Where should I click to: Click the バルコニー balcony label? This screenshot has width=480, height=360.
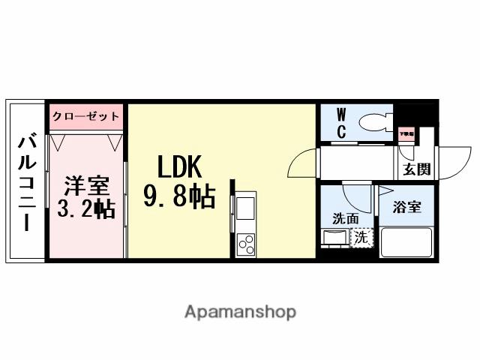coord(28,181)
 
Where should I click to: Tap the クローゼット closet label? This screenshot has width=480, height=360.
coord(85,117)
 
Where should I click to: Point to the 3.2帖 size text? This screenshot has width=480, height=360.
coord(85,208)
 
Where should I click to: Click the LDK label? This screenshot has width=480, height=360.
coord(181,167)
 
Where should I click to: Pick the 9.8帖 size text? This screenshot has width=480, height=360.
coord(180,196)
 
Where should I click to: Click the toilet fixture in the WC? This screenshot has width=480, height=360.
coord(372,122)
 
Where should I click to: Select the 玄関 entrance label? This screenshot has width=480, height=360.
coord(417,169)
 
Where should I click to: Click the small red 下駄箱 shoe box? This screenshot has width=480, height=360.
coord(406,134)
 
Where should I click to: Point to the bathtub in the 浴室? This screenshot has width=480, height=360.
coord(406,241)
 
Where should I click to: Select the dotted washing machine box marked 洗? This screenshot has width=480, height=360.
coord(361,238)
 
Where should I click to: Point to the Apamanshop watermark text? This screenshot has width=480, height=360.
coord(240,310)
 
